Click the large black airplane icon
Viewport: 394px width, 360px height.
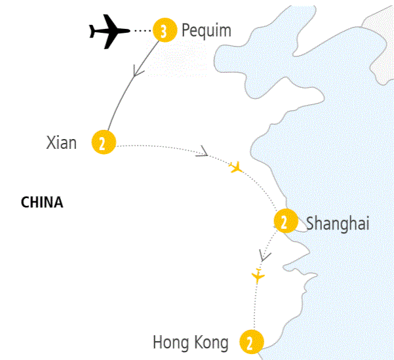108,30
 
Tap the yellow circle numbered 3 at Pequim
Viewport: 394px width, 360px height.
163,30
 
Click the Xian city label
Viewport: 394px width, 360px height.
62,142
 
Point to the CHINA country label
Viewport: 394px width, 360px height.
42,203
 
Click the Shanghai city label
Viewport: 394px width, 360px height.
338,224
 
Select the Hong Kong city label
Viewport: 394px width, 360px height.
190,342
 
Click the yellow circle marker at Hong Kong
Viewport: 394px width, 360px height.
250,342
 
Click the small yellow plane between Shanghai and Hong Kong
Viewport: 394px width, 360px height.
258,276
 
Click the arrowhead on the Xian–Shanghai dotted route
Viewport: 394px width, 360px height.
203,153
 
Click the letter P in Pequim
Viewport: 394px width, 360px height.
187,30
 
